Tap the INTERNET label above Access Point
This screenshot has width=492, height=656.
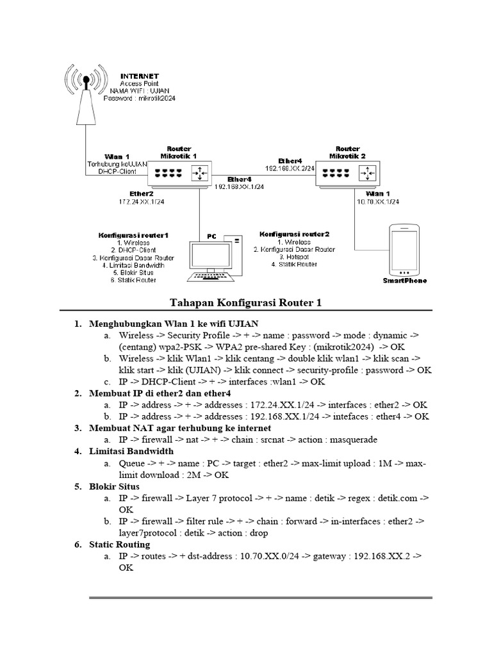pos(141,75)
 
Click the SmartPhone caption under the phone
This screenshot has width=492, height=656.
pos(404,281)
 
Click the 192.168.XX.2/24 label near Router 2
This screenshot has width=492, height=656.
pos(290,168)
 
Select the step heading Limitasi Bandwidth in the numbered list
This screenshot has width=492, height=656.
pos(132,451)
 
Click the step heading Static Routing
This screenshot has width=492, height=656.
pos(120,545)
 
